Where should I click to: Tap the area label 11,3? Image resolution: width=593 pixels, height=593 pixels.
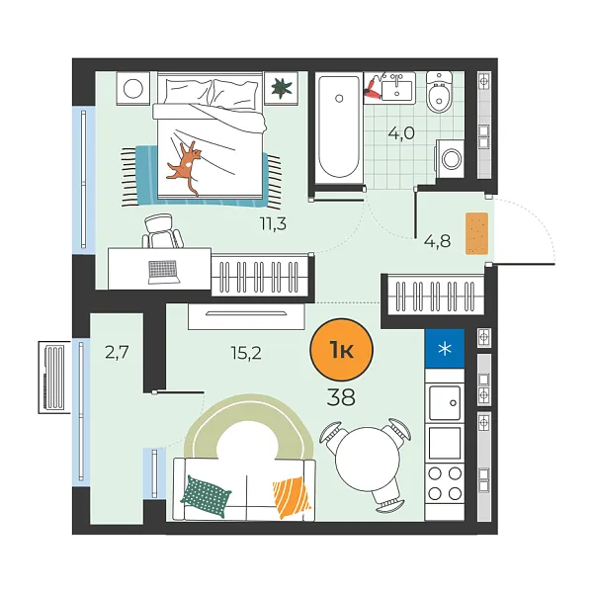pyautogui.click(x=273, y=223)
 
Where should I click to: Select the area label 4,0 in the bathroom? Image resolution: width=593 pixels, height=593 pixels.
pyautogui.click(x=401, y=134)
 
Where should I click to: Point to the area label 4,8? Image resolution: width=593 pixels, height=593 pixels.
pyautogui.click(x=437, y=240)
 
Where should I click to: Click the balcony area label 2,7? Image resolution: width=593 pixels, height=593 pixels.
pyautogui.click(x=116, y=350)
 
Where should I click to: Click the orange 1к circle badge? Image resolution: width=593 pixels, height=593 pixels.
pyautogui.click(x=341, y=351)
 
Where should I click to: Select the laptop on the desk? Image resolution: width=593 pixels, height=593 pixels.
pyautogui.click(x=163, y=268)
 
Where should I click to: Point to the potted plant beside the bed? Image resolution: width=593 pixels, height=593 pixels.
pyautogui.click(x=284, y=88)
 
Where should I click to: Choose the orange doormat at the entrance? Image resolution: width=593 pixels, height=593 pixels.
pyautogui.click(x=478, y=231)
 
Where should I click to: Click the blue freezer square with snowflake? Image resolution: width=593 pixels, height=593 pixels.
pyautogui.click(x=444, y=347)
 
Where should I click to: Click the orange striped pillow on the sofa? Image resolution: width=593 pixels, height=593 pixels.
pyautogui.click(x=291, y=496)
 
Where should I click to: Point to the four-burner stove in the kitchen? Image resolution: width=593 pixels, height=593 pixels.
pyautogui.click(x=444, y=484)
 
